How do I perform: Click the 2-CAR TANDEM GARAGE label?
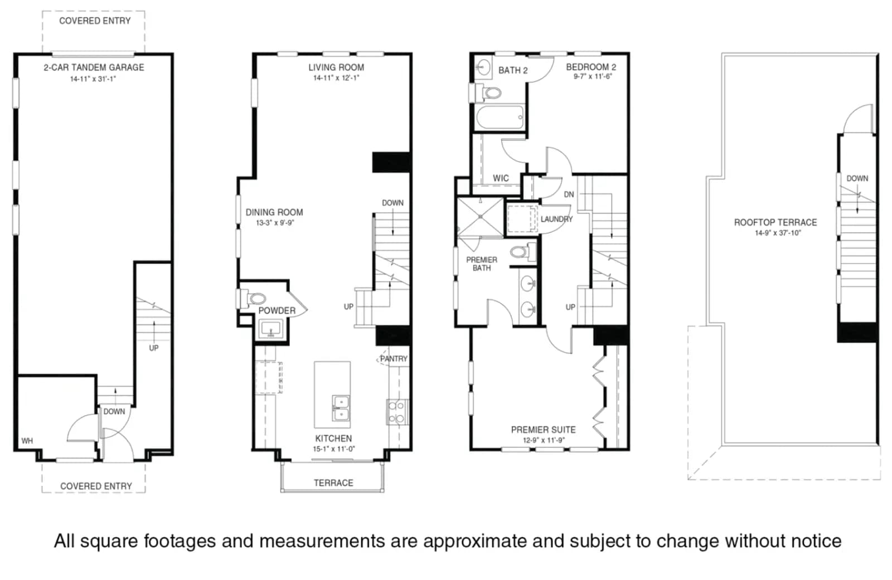(94, 67)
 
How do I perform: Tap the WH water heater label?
(27, 441)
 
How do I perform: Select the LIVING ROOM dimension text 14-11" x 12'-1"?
(336, 78)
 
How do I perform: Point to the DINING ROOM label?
(274, 212)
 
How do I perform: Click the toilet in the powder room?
(253, 298)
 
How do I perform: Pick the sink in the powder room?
(271, 329)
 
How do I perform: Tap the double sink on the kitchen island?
(341, 408)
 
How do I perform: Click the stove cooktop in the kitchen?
(397, 412)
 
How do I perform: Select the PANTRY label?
(394, 359)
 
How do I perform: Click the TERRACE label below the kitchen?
(333, 483)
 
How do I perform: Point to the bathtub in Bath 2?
(500, 117)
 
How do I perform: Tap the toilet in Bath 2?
(488, 93)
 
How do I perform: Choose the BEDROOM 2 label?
(591, 67)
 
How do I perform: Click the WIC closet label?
(501, 178)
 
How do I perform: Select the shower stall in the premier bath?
(480, 217)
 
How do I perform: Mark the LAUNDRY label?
(556, 219)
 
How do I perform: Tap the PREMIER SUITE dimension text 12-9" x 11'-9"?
(544, 440)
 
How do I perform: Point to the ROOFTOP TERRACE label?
(775, 222)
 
